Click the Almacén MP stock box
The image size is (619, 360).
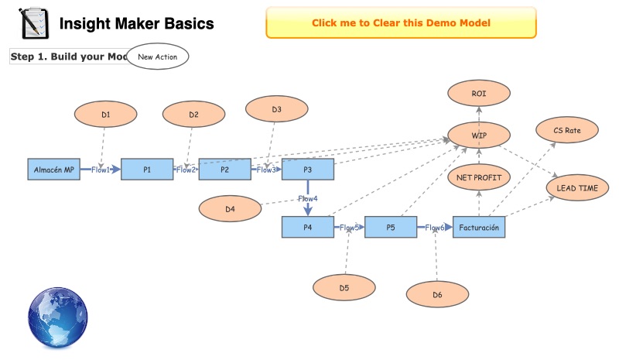[53, 169]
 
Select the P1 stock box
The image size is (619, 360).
[147, 169]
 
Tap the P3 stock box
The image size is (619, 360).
[307, 169]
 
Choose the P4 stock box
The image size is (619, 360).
[307, 228]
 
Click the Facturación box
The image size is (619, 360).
[479, 228]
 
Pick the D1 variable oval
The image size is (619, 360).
[106, 115]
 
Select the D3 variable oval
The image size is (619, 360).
[276, 110]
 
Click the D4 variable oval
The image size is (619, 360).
[229, 208]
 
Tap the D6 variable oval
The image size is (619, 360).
[437, 294]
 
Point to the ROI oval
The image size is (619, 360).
[479, 94]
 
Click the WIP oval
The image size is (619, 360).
[479, 135]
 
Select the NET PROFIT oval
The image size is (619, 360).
[479, 177]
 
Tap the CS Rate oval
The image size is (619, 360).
[567, 130]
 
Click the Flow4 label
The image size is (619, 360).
[308, 198]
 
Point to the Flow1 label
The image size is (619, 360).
[101, 169]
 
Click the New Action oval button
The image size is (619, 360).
[157, 57]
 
